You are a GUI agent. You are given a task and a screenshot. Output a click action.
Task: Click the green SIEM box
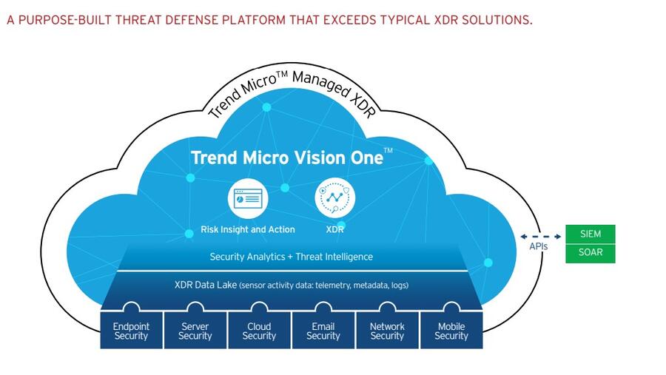pos(591,234)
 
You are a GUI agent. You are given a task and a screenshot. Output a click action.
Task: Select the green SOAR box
pos(591,253)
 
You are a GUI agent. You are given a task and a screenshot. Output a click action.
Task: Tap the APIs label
pos(538,246)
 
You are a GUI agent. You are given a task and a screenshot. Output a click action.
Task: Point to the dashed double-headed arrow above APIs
pos(539,237)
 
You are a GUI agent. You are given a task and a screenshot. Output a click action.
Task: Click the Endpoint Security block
pos(131,331)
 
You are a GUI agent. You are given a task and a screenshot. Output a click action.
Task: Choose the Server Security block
pos(195,331)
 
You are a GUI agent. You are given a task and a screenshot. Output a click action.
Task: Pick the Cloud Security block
pos(259,331)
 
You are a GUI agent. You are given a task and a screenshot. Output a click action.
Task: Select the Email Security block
pos(323,331)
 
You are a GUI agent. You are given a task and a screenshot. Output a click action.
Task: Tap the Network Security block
pos(387,331)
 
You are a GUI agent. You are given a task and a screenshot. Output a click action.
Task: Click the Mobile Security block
pos(451,331)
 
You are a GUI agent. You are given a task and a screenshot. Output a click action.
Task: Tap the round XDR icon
pos(334,197)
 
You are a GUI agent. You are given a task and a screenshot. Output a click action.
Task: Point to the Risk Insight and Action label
pos(247,229)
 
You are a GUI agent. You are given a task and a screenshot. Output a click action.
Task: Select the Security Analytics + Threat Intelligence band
pos(291,257)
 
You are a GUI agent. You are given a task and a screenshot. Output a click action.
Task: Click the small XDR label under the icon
pos(334,229)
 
